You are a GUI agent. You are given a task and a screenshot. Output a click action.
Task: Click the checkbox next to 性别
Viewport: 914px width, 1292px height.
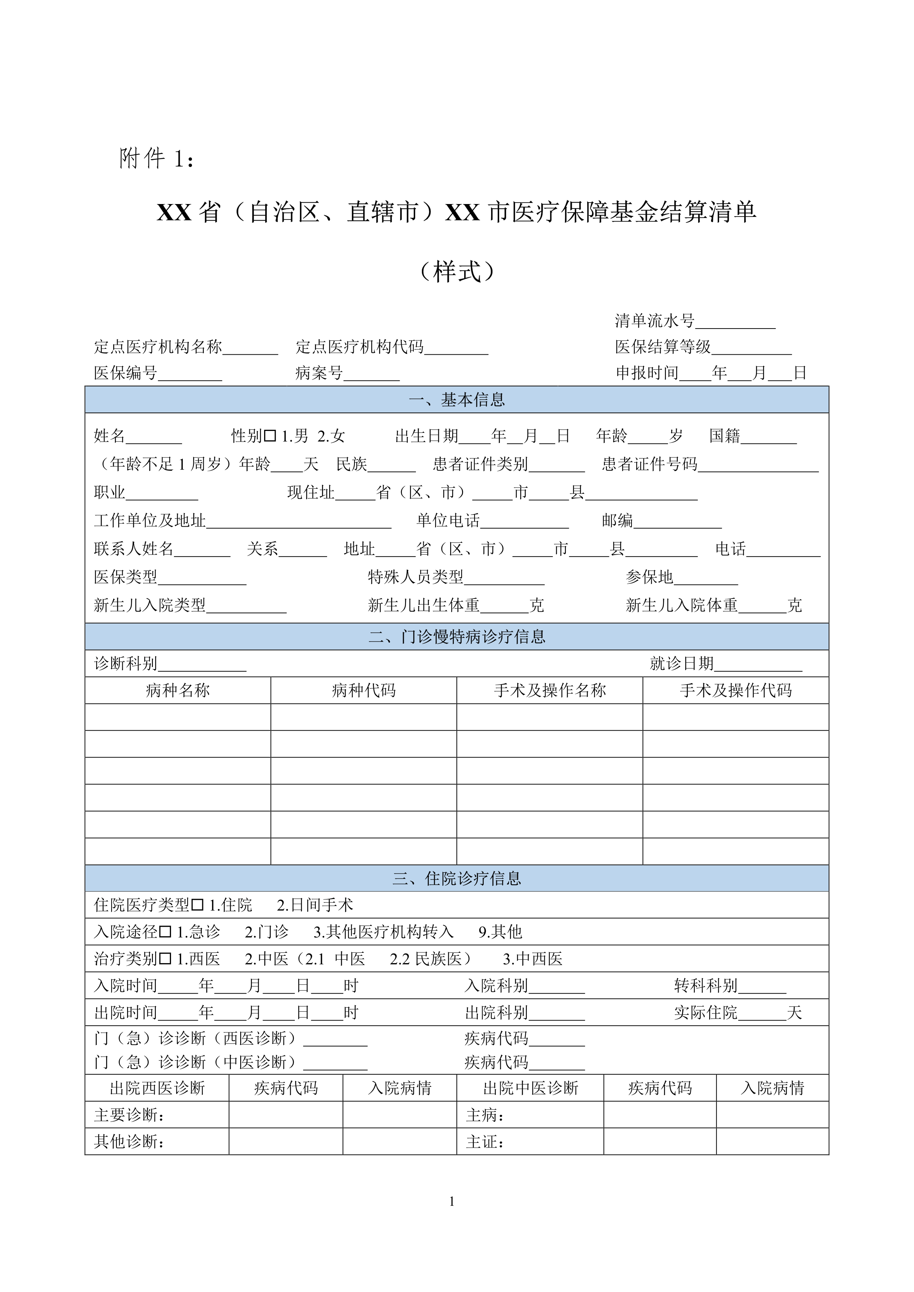pyautogui.click(x=270, y=436)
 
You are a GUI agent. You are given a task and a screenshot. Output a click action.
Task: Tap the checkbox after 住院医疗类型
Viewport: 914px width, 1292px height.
pyautogui.click(x=197, y=905)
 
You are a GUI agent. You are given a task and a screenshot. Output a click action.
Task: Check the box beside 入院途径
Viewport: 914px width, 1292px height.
pyautogui.click(x=165, y=932)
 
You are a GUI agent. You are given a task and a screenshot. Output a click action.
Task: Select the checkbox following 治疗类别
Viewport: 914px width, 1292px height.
pyautogui.click(x=165, y=959)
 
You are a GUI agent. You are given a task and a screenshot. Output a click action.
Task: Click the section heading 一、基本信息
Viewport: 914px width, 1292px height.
pyautogui.click(x=456, y=400)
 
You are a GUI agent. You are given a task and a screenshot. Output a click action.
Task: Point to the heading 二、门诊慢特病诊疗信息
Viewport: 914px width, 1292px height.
pyautogui.click(x=456, y=636)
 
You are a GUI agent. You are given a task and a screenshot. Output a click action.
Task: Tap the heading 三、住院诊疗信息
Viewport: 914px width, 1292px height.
pyautogui.click(x=456, y=878)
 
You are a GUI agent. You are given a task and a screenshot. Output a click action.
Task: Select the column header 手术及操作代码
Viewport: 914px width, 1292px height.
pyautogui.click(x=736, y=691)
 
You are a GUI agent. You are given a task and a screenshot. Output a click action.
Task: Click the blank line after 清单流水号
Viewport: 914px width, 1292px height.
pyautogui.click(x=736, y=322)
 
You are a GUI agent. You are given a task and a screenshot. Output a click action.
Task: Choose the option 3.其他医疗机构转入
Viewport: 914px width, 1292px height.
pyautogui.click(x=383, y=932)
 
